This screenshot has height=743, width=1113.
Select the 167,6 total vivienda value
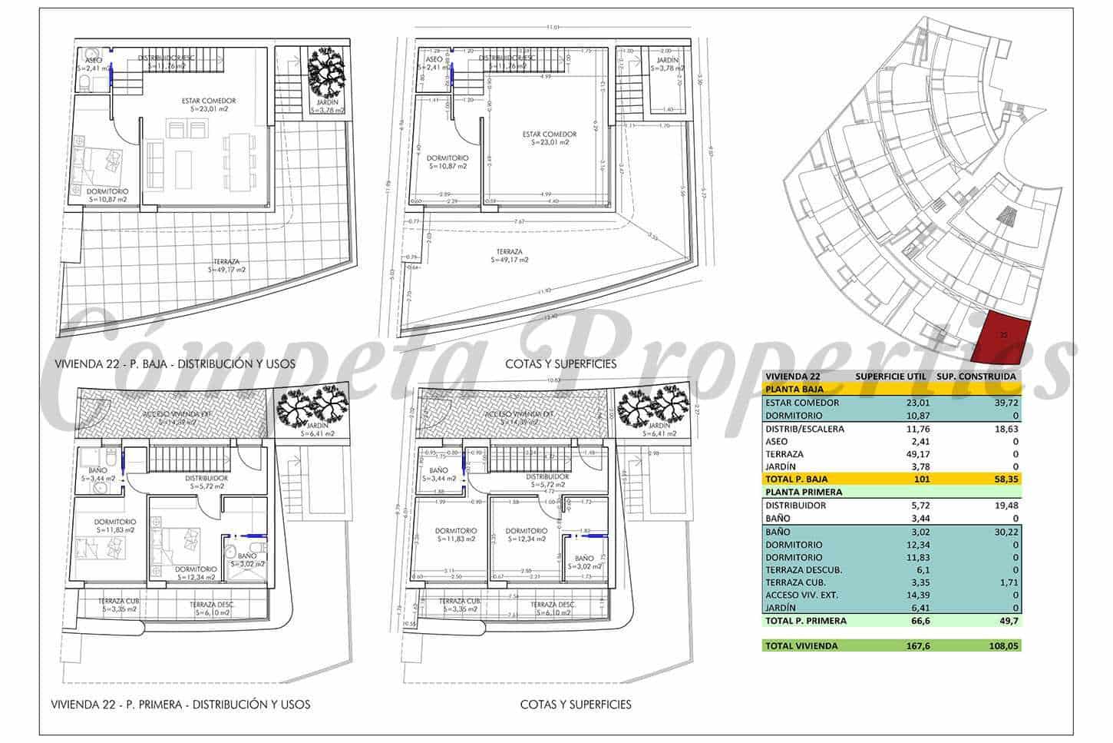click(x=913, y=646)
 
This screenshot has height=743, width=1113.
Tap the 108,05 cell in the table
click(x=1003, y=646)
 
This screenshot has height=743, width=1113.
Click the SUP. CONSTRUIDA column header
click(x=976, y=376)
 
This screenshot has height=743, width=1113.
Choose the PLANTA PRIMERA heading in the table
click(x=804, y=492)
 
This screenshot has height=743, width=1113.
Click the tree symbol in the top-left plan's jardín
click(x=329, y=71)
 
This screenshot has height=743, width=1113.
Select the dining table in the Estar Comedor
click(x=239, y=162)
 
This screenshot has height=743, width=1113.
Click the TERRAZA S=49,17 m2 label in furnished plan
click(x=228, y=266)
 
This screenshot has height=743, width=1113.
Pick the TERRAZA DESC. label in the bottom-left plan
click(x=212, y=608)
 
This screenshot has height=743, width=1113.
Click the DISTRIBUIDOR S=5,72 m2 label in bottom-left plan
click(x=204, y=482)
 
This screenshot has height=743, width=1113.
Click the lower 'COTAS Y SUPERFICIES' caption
click(x=576, y=704)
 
